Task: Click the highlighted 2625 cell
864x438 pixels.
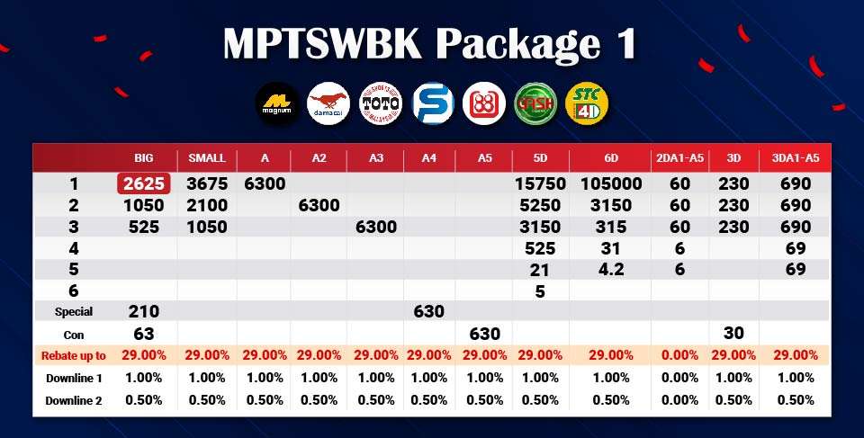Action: pos(143,184)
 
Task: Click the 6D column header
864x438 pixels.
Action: pos(611,158)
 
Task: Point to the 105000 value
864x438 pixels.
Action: pos(611,184)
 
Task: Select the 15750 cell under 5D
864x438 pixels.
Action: pos(540,184)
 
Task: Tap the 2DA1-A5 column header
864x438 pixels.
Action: pos(680,158)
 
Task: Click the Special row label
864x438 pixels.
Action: pos(74,312)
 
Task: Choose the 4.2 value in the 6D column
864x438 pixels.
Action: pos(611,269)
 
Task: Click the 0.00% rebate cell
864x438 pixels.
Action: pos(680,355)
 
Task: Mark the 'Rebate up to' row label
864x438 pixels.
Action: pos(74,355)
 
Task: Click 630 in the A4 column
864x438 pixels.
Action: pos(429,312)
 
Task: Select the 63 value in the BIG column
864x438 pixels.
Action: pos(143,334)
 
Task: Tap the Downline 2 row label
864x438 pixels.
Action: pos(74,399)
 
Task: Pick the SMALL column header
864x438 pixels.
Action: pos(207,158)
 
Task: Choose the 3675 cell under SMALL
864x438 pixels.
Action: pos(207,184)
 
